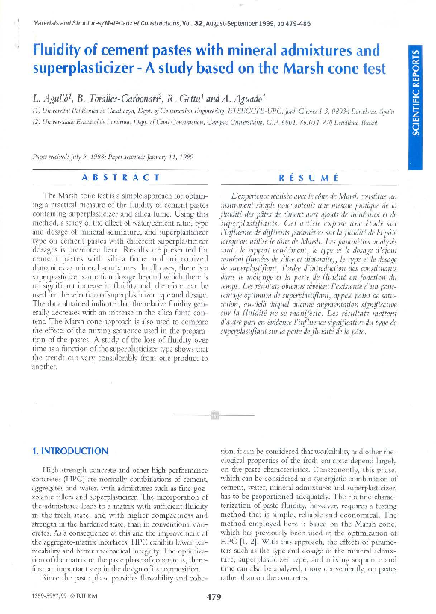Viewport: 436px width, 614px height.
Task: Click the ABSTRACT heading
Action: click(x=120, y=178)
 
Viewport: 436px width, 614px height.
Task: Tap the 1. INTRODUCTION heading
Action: click(x=72, y=451)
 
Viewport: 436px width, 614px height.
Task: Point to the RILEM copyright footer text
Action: click(x=59, y=598)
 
